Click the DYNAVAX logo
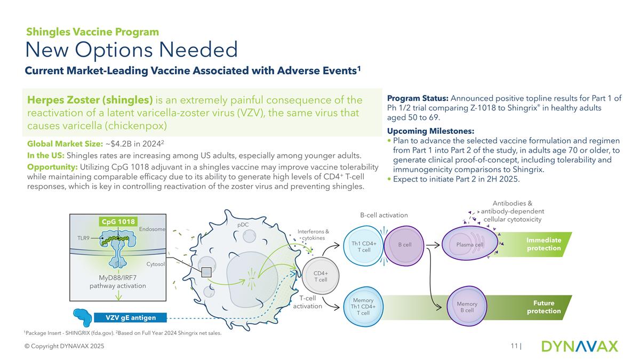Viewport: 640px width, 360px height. click(x=579, y=346)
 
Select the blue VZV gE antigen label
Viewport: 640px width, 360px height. click(x=131, y=318)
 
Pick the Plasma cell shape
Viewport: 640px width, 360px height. click(x=469, y=245)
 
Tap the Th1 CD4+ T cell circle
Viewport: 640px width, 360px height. click(x=364, y=246)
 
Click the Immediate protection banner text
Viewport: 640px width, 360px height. click(x=543, y=244)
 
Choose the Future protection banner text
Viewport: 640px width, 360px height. click(x=543, y=307)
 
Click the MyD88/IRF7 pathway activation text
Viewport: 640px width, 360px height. click(x=118, y=282)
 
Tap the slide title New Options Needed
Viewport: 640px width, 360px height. click(x=132, y=51)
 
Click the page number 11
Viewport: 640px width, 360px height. click(x=514, y=347)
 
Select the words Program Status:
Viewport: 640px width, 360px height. click(x=418, y=99)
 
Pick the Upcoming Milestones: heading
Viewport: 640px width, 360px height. click(x=430, y=131)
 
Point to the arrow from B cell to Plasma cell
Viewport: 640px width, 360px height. click(x=433, y=245)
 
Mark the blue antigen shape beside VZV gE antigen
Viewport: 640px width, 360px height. click(x=84, y=316)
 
